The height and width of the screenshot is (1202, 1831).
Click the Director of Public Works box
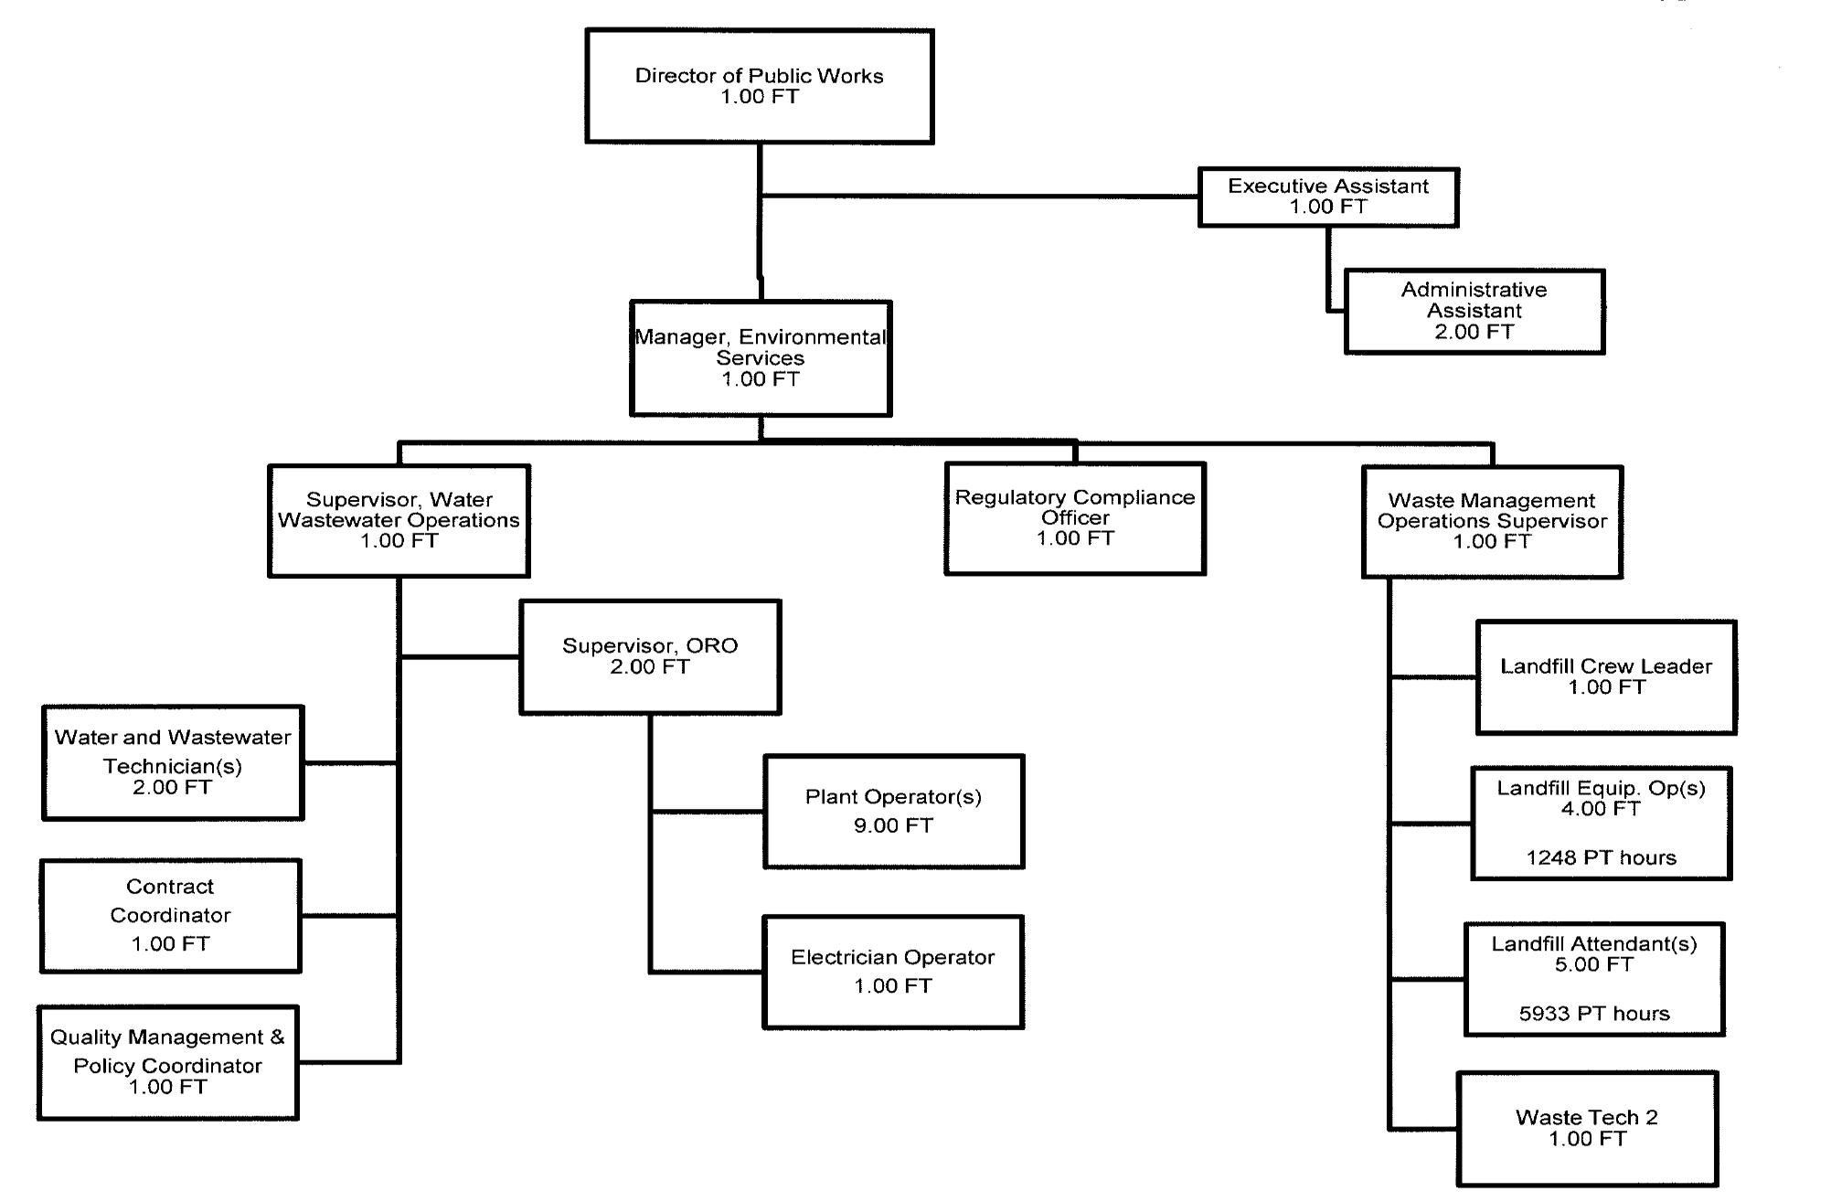pos(759,86)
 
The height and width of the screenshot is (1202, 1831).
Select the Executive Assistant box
pos(1327,197)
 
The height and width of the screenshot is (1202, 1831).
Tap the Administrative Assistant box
pos(1474,311)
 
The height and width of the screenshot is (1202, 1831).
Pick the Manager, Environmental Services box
pos(760,358)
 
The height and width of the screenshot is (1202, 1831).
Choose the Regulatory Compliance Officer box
pos(1074,518)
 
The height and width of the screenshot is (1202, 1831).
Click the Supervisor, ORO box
pos(649,656)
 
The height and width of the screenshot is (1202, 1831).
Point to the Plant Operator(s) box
pos(893,811)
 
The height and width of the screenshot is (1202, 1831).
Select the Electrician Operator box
pos(892,972)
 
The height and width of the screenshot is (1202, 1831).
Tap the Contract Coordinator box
pos(170,915)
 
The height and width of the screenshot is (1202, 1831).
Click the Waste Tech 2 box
pos(1586,1128)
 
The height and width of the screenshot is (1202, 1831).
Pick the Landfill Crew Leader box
pos(1605,676)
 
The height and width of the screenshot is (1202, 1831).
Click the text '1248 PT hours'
pos(1601,857)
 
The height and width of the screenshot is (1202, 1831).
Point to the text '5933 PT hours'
pos(1593,1013)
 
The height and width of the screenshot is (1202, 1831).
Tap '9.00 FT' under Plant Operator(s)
pos(893,825)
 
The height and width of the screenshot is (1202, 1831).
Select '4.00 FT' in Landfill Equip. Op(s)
pos(1601,809)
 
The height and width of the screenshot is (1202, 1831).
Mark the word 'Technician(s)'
pos(172,766)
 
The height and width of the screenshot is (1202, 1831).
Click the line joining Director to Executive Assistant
pos(978,196)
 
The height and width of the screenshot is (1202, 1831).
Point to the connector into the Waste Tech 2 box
pos(1422,1129)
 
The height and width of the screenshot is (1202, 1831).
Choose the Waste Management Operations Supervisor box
pos(1492,521)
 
